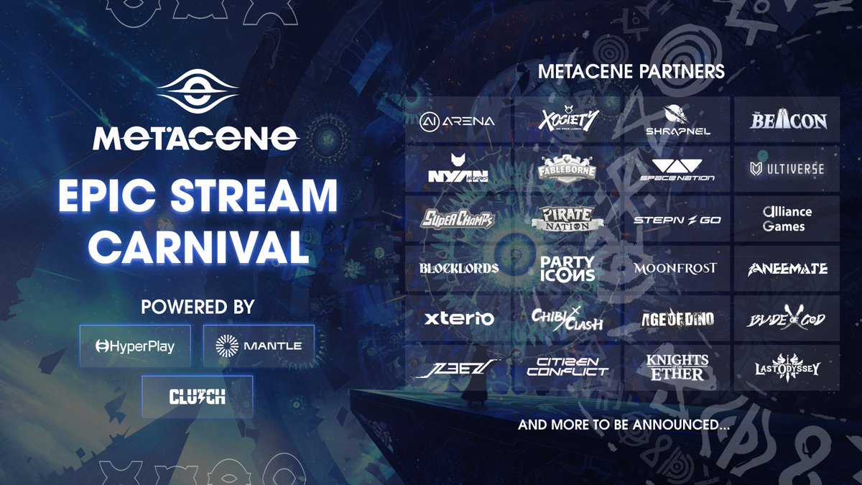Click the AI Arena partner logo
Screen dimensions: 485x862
458,121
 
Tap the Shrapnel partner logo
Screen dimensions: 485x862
677,119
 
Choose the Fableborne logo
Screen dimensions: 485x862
567,170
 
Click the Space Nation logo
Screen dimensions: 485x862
677,170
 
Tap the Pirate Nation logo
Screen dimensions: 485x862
567,219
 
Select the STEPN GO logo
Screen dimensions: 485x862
677,219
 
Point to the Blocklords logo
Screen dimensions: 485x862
459,269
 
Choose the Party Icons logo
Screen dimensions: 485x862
567,269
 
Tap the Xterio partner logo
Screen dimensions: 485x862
459,318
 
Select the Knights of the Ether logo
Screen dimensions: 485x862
677,366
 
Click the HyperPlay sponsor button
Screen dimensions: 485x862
135,346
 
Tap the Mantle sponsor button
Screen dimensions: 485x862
259,346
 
